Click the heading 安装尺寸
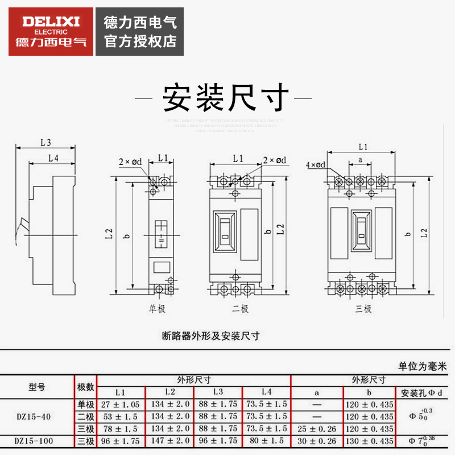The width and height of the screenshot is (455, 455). (226, 98)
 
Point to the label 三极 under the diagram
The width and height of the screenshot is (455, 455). (362, 309)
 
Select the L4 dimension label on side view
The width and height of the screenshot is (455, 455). (53, 158)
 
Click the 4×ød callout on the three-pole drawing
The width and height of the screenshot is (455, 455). (315, 165)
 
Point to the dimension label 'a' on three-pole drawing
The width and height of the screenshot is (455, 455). (361, 160)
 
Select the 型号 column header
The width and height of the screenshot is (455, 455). (36, 387)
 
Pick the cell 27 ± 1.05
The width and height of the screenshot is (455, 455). (121, 404)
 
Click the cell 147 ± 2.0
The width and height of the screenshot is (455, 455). (169, 441)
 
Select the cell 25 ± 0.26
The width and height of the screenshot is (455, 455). (316, 428)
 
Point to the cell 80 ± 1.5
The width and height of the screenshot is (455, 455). (266, 441)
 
